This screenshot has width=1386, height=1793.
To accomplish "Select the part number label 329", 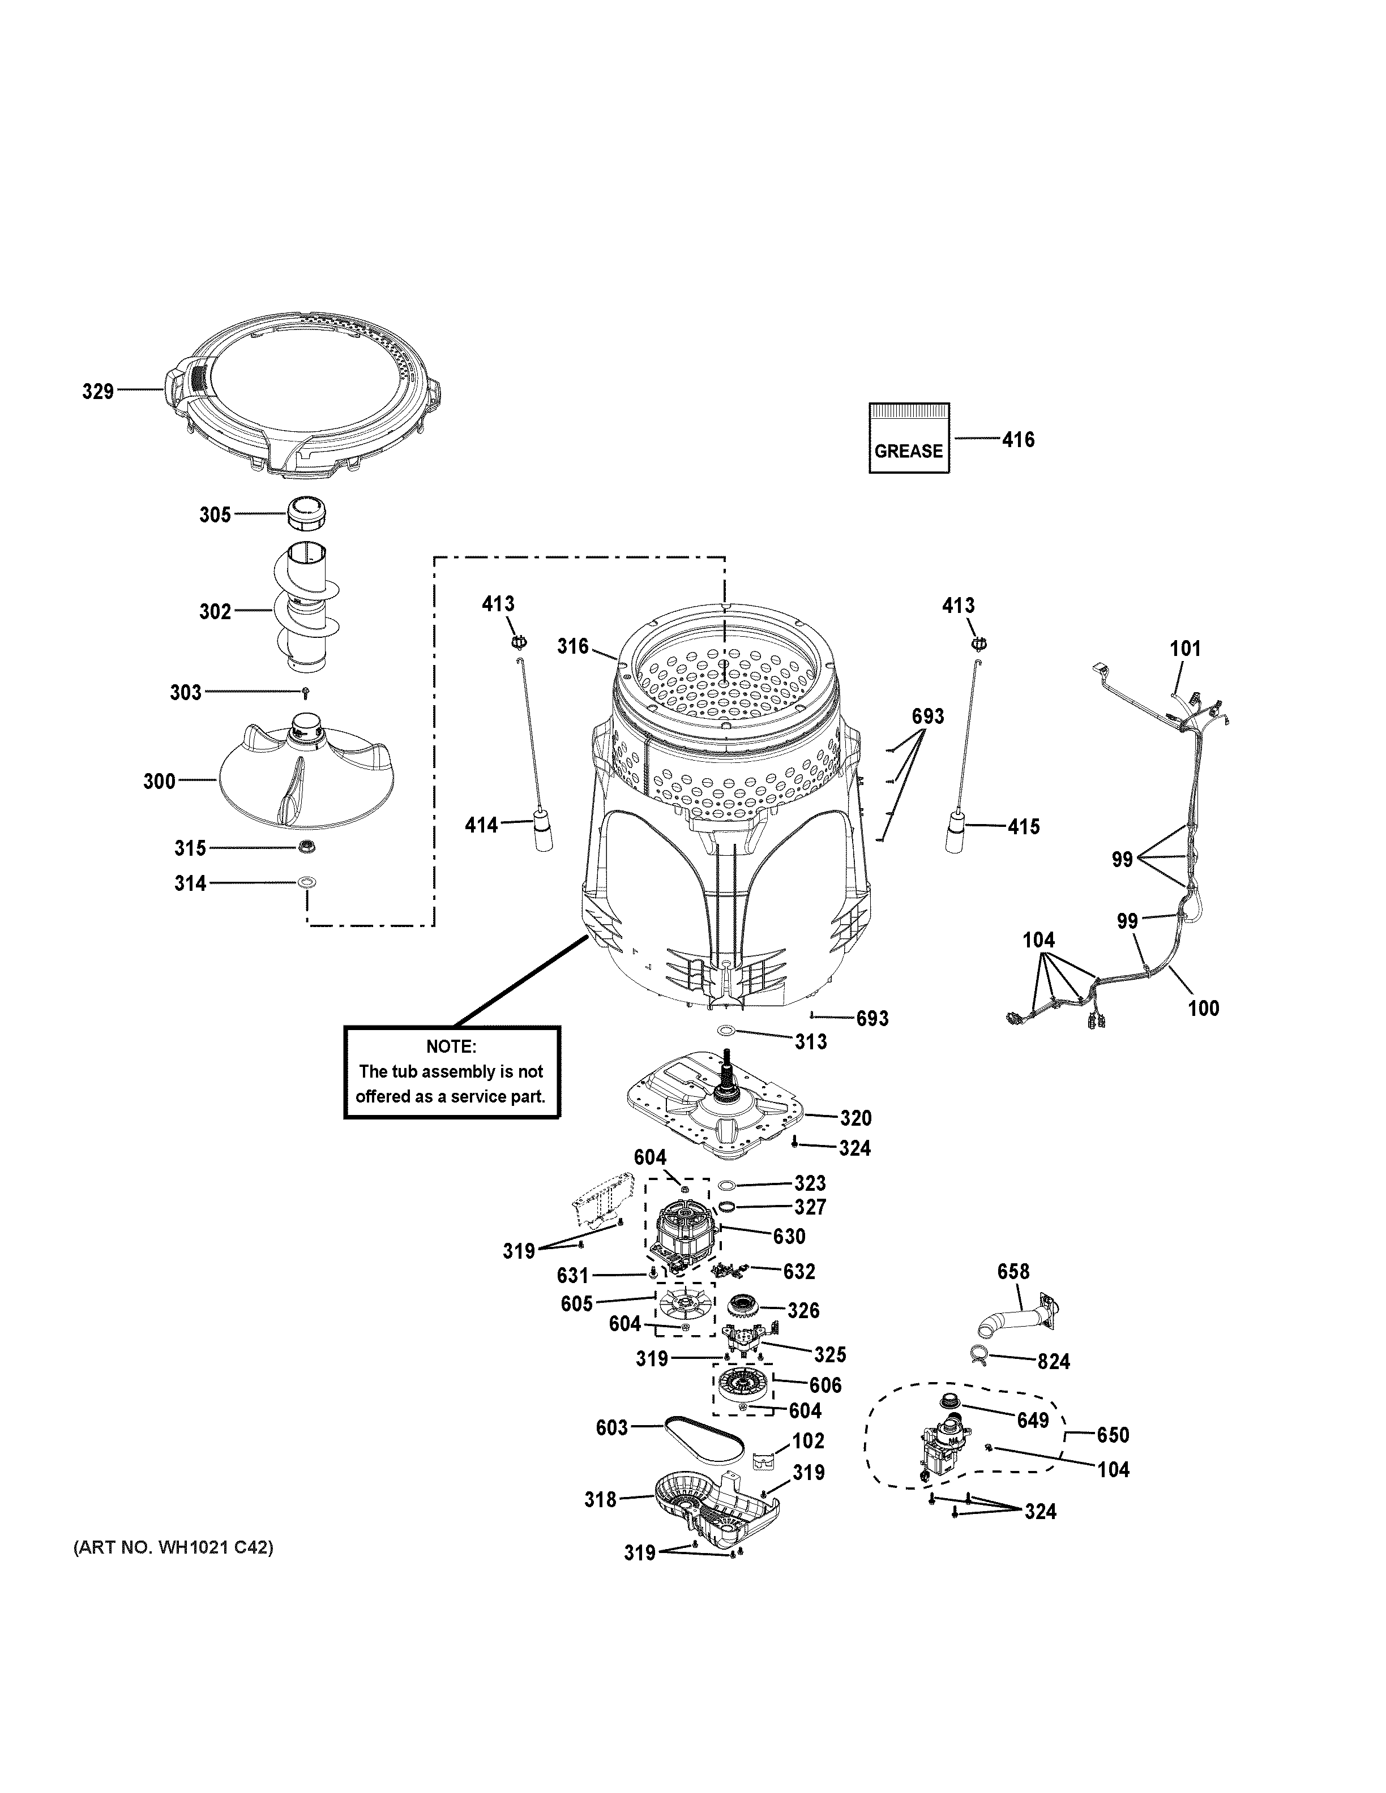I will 98,392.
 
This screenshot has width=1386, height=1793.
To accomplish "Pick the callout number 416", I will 1018,440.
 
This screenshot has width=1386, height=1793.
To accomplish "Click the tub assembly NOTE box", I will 452,1071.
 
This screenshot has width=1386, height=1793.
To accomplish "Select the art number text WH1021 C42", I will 173,1547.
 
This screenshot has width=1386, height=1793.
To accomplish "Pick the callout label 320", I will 855,1118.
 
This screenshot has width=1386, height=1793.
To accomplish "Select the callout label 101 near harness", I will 1185,649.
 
